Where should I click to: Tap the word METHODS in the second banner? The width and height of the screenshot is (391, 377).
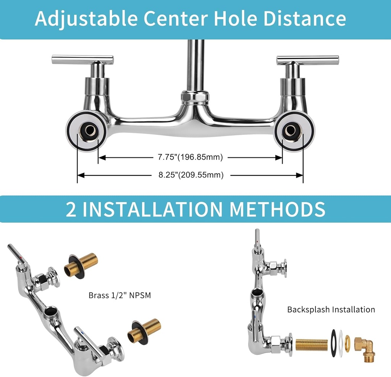coord(278,209)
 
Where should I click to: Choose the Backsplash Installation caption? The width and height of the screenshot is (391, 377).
coord(331,309)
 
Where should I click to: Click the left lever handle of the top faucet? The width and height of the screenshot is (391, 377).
coord(82,60)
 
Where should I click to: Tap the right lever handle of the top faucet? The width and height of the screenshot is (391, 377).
coord(308,60)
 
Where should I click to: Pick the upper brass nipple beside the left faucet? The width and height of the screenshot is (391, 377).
coord(81,264)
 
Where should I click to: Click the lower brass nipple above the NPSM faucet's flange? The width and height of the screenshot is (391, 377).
coord(144,330)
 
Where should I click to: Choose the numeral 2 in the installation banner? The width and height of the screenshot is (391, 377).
coord(71,209)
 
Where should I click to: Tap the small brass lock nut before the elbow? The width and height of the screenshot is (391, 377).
coord(347,342)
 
